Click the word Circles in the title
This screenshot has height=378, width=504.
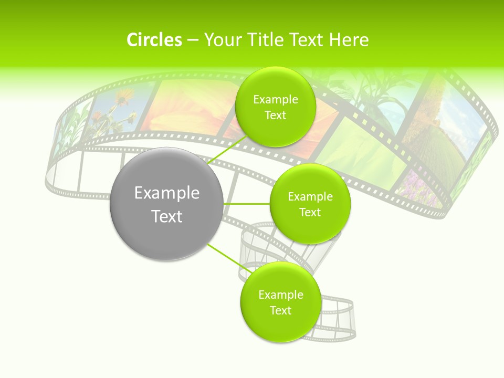(x=154, y=40)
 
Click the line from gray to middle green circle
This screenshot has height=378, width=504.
(x=247, y=204)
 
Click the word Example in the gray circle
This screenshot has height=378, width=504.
(x=167, y=193)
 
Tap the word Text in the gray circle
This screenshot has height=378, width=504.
(x=167, y=216)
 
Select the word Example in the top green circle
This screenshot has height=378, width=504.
(x=275, y=100)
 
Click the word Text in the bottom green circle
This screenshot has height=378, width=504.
(x=280, y=310)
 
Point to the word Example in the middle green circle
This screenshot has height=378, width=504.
(x=310, y=197)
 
